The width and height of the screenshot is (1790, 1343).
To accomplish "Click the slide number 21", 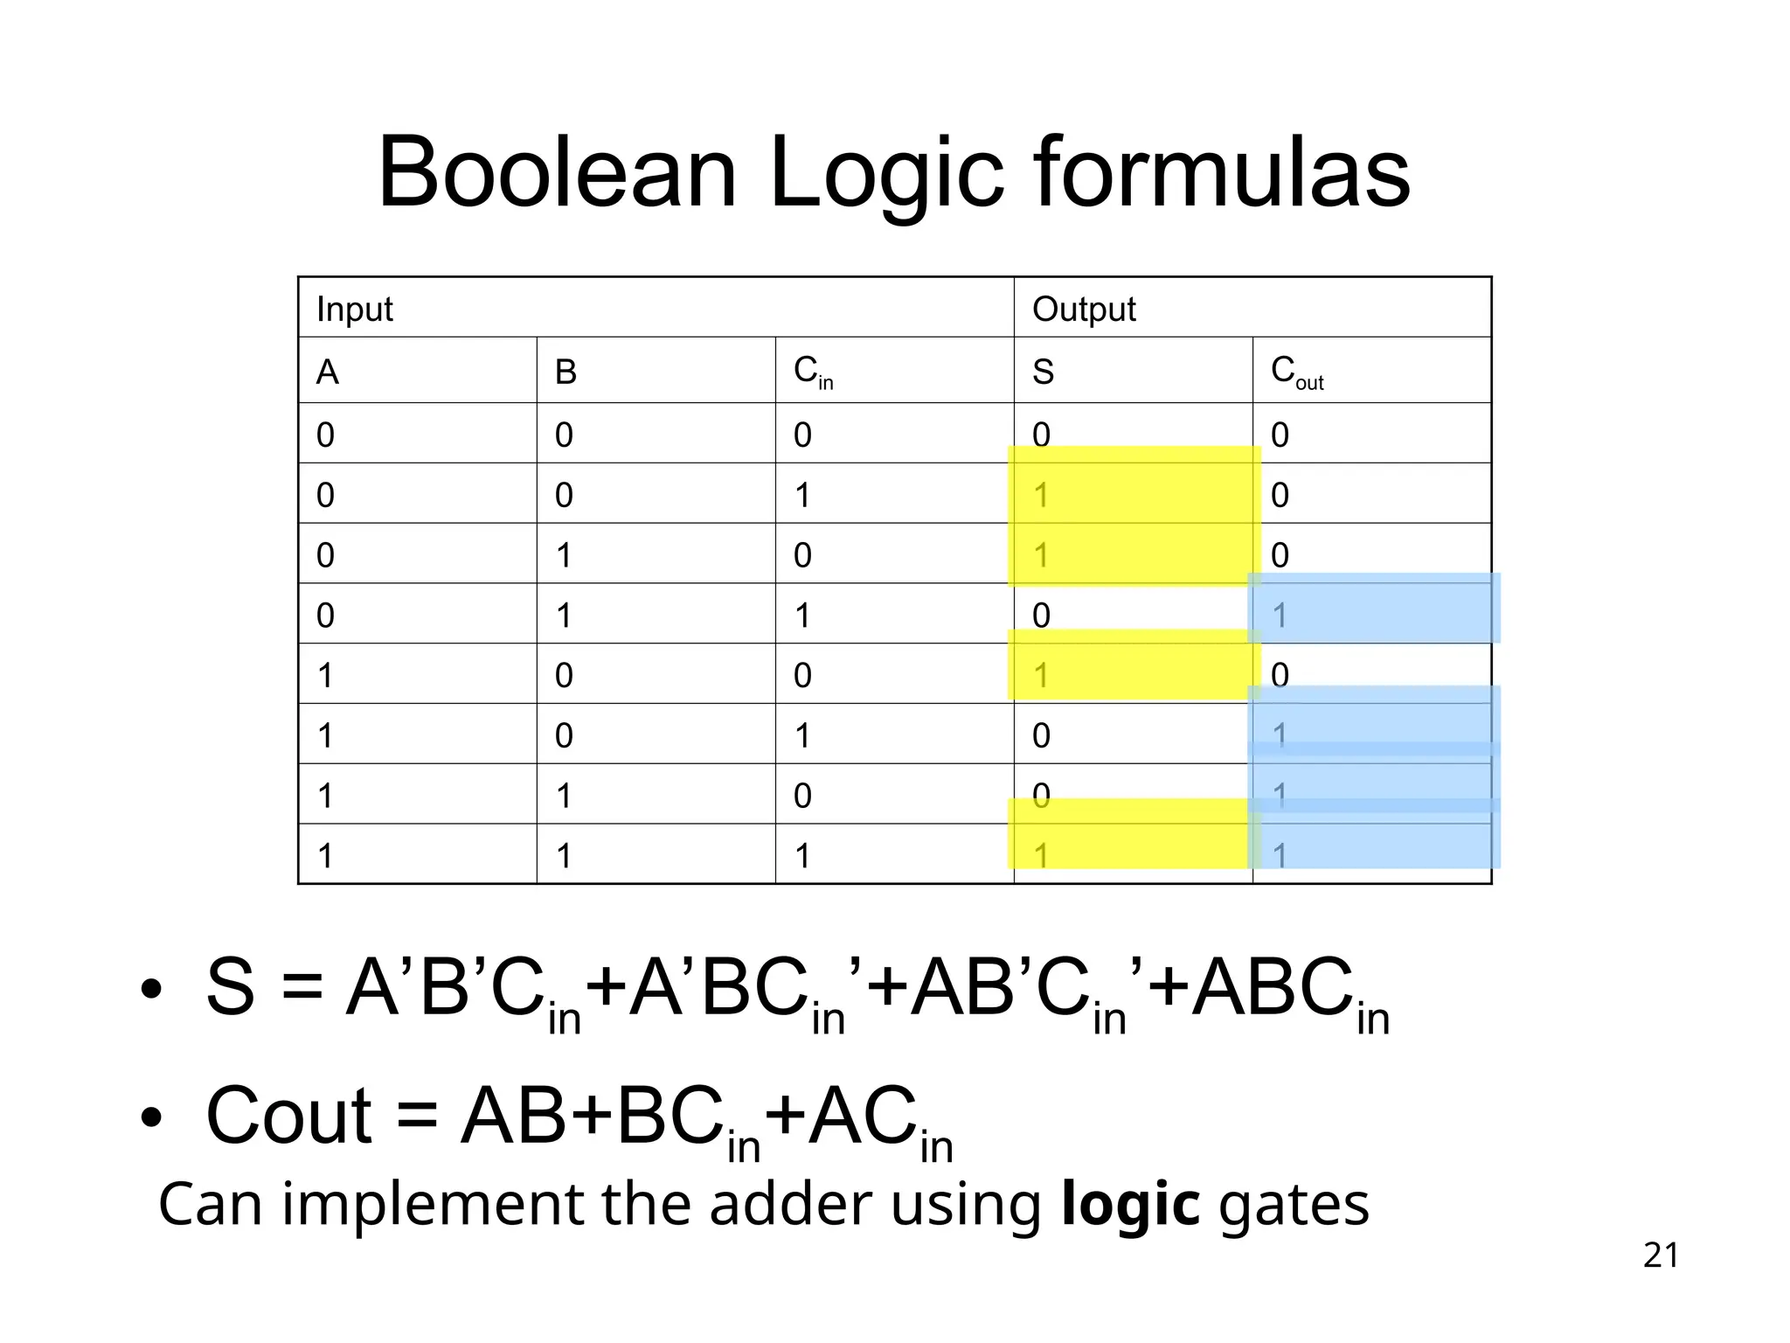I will point(1661,1256).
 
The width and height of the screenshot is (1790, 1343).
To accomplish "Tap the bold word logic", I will point(1130,1205).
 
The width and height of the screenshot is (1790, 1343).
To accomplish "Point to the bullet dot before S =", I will point(151,990).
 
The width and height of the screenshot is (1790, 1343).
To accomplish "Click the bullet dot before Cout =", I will point(151,1117).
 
